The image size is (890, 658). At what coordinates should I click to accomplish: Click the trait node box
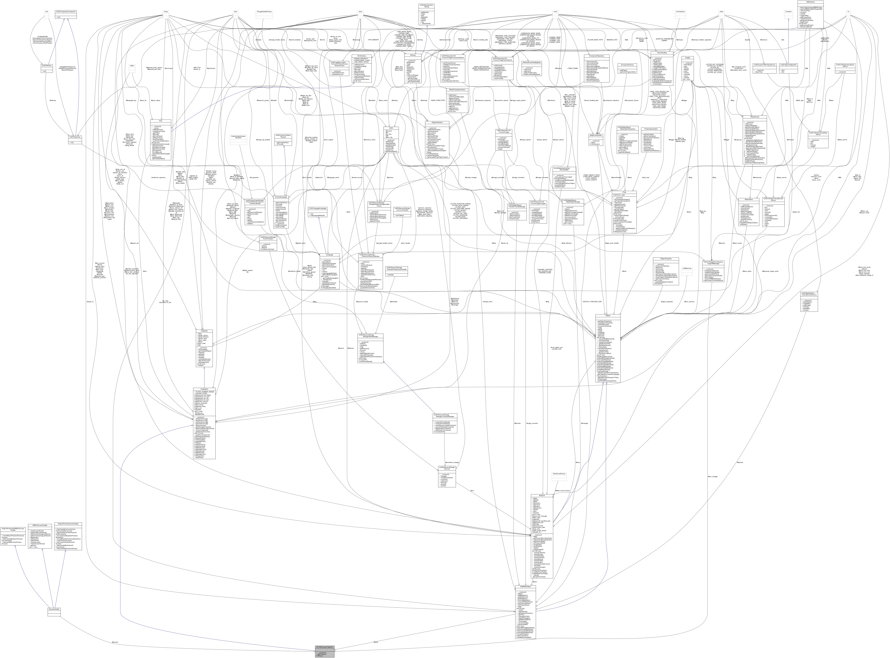point(47,12)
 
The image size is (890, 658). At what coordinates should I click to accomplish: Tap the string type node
point(165,12)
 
